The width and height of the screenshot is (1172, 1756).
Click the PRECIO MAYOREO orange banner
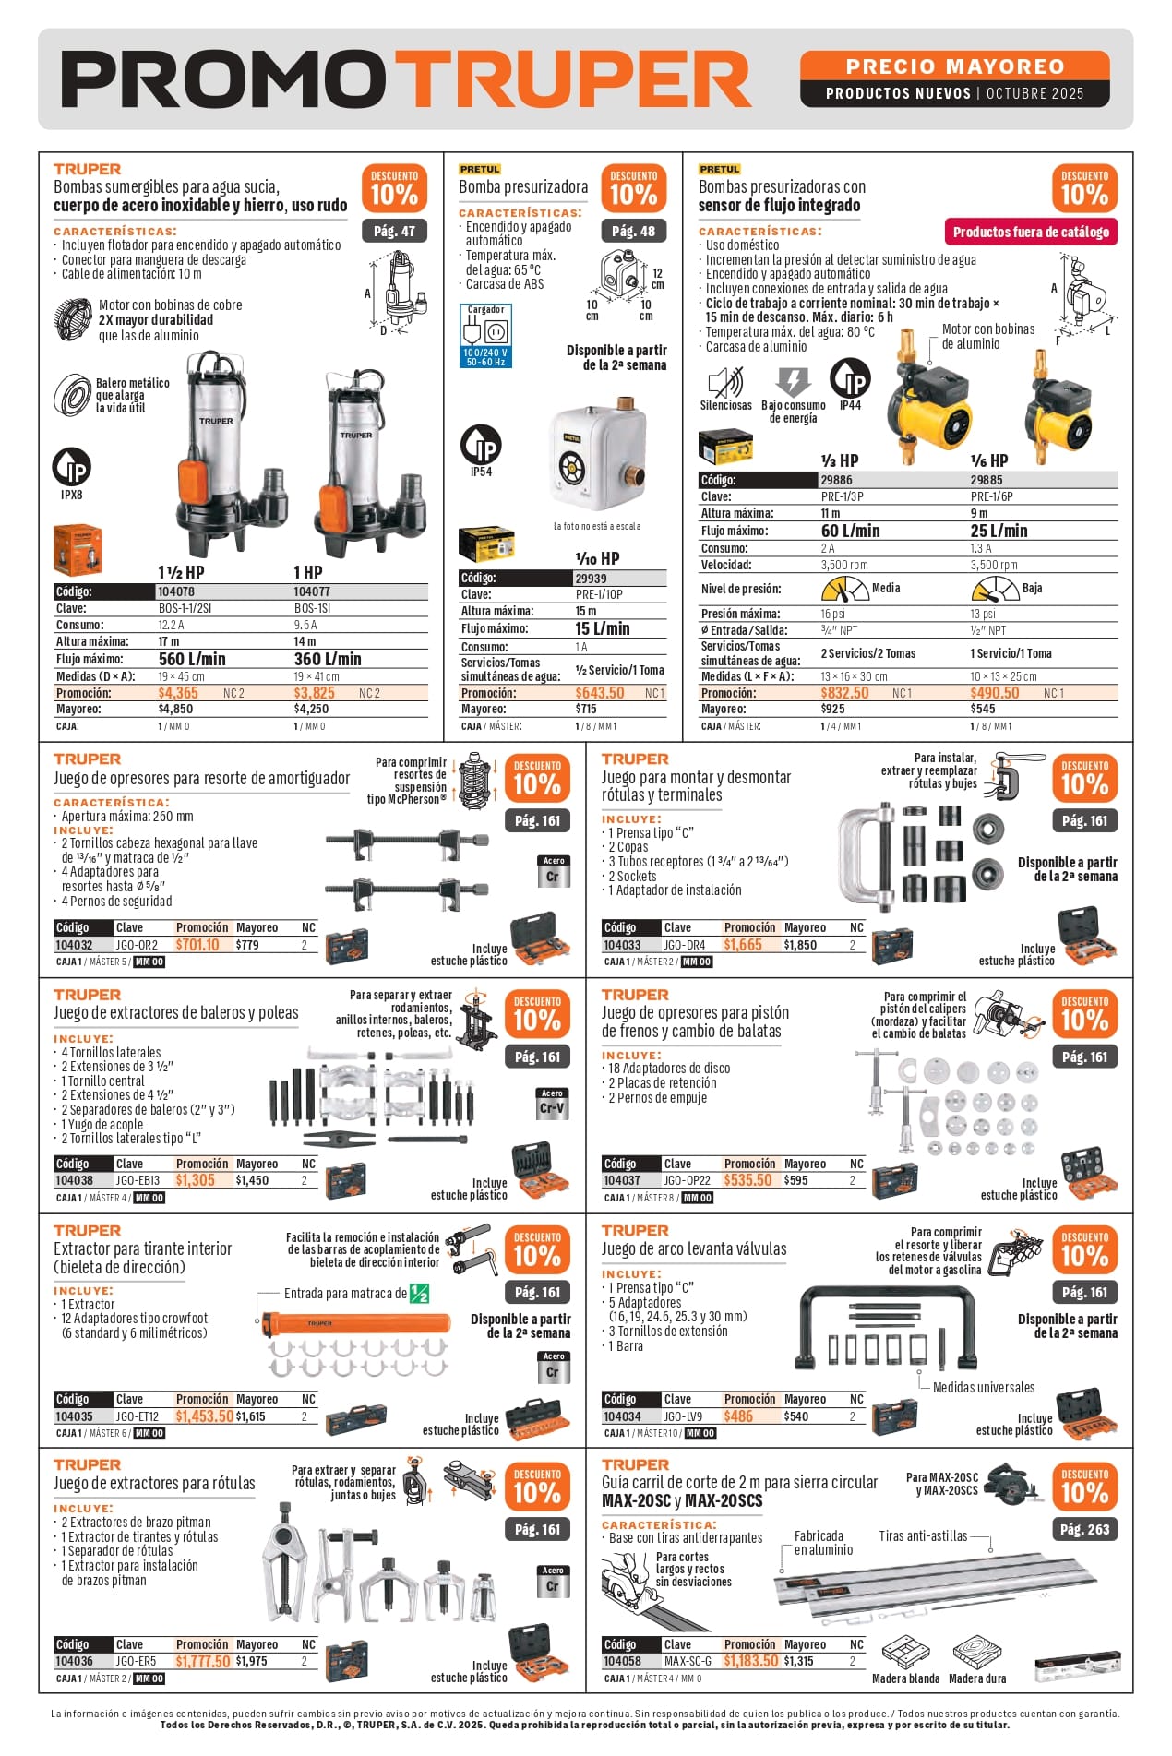point(954,66)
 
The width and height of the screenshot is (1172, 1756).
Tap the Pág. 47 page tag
point(394,231)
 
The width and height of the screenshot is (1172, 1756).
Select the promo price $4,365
point(178,693)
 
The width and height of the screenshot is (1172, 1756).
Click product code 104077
point(312,591)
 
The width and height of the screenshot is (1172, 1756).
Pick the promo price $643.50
point(600,693)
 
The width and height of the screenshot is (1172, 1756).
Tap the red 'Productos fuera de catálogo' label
point(1031,232)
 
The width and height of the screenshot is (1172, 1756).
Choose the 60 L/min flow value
point(850,531)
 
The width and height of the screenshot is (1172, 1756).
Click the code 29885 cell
point(987,480)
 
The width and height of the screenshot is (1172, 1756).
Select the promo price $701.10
point(197,945)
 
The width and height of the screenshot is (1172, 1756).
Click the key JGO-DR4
point(684,945)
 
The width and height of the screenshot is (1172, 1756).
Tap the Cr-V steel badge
point(552,1105)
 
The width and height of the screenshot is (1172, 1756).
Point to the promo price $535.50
point(747,1180)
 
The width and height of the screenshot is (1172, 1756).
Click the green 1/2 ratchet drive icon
point(419,1293)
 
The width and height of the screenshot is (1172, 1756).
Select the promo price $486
point(738,1416)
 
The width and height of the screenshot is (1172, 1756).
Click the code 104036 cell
point(74,1661)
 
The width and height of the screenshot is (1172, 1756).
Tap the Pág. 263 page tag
point(1084,1529)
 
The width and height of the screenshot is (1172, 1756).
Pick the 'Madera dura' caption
point(978,1678)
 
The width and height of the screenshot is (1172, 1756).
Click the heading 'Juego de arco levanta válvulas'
point(694,1248)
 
